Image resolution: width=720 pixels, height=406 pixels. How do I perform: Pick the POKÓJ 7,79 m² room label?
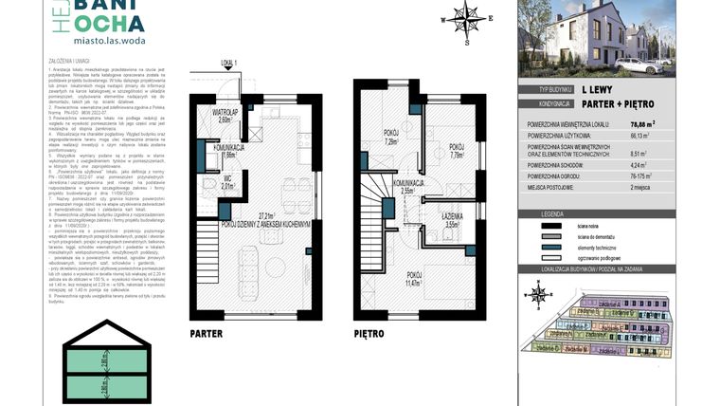(456, 150)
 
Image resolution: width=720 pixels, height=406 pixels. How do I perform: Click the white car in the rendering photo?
(634, 65)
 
